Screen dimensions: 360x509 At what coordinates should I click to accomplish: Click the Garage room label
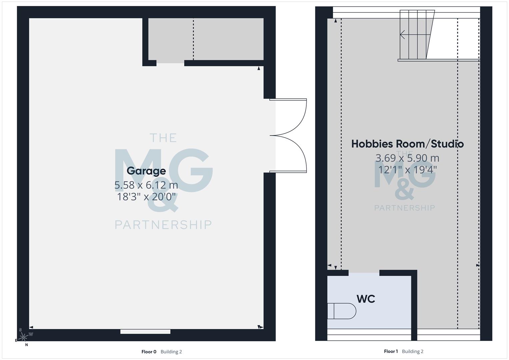(x=146, y=171)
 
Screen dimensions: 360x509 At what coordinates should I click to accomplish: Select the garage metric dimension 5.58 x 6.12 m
(x=146, y=185)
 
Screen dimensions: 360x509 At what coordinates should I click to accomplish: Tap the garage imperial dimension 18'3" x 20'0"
(x=146, y=197)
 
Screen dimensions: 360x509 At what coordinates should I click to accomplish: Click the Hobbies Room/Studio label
(x=407, y=144)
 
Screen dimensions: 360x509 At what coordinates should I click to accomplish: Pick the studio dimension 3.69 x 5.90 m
(x=407, y=158)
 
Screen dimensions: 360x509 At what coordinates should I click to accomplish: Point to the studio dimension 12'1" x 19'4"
(x=407, y=170)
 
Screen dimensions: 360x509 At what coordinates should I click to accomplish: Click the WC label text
(x=366, y=299)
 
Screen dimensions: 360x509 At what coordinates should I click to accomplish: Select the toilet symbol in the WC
(x=341, y=311)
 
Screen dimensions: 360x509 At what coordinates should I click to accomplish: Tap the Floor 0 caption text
(x=149, y=352)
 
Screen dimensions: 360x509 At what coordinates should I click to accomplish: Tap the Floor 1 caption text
(x=391, y=351)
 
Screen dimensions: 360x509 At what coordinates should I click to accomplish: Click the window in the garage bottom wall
(x=145, y=332)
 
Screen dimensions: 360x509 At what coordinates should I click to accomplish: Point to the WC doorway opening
(x=364, y=273)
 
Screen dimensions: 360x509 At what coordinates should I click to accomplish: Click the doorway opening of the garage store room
(x=170, y=63)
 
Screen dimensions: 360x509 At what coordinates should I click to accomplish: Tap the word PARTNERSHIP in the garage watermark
(x=163, y=225)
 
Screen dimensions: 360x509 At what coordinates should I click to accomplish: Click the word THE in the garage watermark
(x=163, y=138)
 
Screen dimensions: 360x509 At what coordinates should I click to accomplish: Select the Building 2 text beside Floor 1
(x=413, y=351)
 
